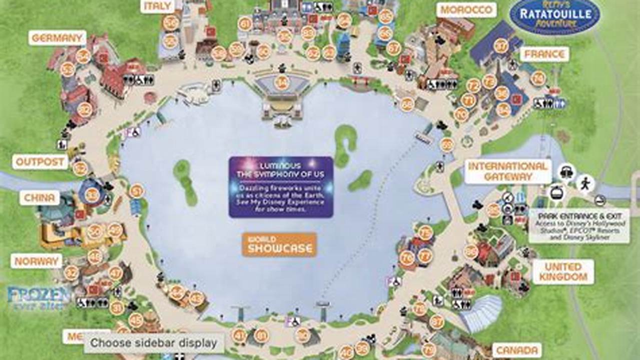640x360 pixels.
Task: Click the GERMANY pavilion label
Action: point(57,38)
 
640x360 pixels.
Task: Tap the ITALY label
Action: point(157,5)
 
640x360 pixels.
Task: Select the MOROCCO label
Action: point(466,10)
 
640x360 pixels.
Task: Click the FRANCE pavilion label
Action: point(544,54)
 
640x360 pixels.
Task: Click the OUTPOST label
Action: point(41,161)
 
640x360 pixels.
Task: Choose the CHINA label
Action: point(40,197)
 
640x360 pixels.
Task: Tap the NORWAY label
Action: point(37,261)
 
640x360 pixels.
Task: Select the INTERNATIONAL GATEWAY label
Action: point(508,171)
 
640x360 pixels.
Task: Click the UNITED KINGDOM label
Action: point(563,271)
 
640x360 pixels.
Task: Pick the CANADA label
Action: point(517,350)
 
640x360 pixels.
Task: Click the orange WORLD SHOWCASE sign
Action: point(279,244)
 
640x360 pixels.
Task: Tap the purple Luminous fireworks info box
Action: point(281,187)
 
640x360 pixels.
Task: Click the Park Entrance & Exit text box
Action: point(578,225)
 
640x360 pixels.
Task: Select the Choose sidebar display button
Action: point(154,343)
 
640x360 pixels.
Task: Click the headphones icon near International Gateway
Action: point(566,171)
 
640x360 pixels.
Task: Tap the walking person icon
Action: point(584,183)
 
